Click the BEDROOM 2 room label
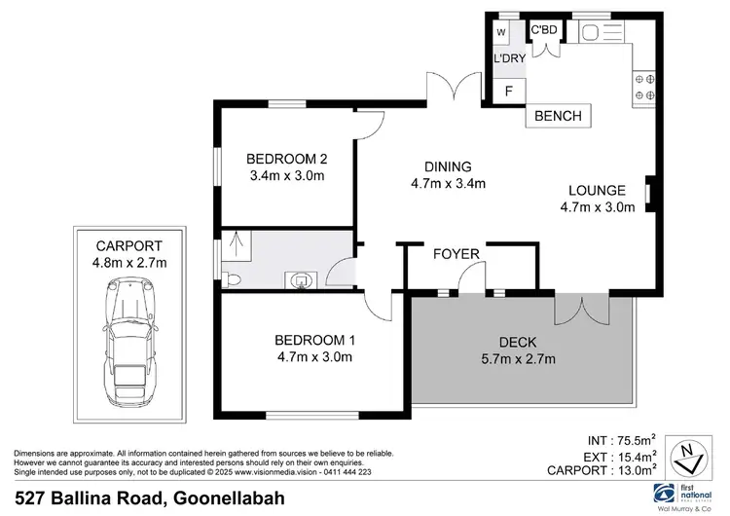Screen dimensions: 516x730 coord(285,160)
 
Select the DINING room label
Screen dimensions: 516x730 coord(448,166)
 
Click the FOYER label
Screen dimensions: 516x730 coord(457,255)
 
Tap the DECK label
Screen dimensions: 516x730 coord(518,342)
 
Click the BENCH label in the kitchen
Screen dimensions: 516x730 coord(558,117)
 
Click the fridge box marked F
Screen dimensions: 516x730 coord(507,91)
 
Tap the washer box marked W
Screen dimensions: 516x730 coord(502,33)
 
